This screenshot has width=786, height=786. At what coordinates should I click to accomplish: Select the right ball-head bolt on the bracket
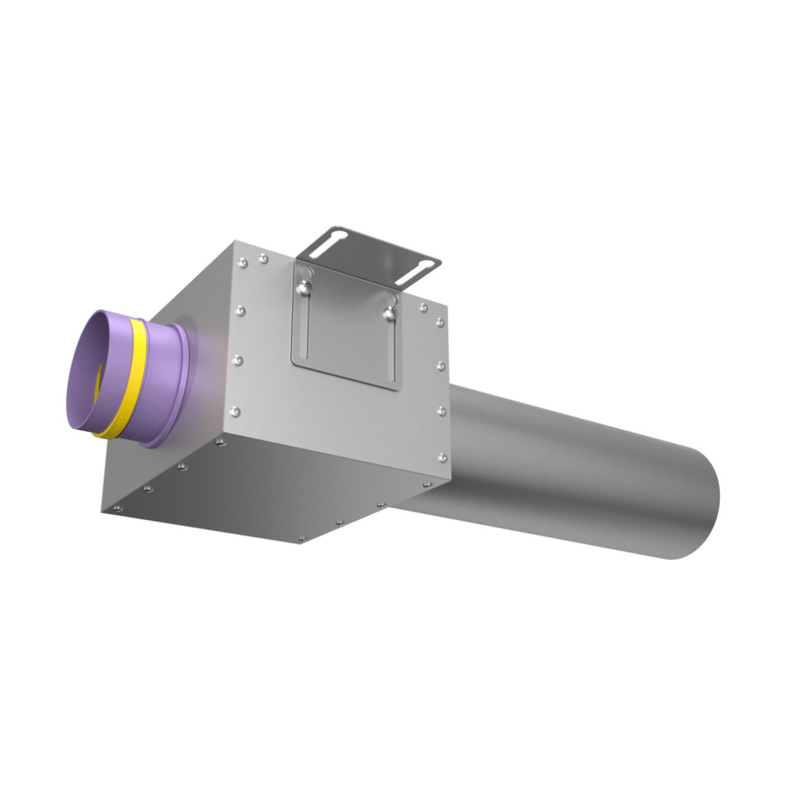click(391, 314)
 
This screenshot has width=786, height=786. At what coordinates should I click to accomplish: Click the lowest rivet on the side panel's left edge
click(236, 411)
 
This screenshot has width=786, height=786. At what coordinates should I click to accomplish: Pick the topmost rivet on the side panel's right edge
click(424, 308)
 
